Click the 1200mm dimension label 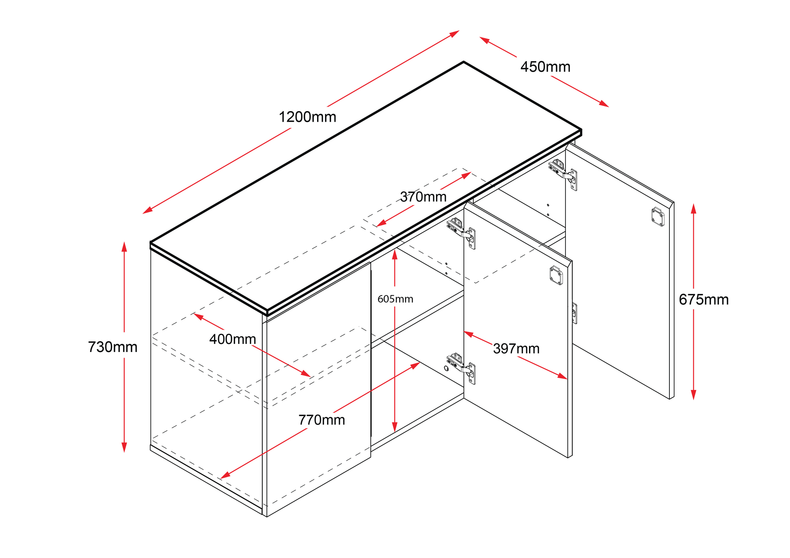coord(307,117)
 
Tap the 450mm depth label coord(545,67)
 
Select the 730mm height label coord(112,347)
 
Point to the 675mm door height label coord(704,300)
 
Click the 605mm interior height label coord(395,299)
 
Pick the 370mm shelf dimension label coord(423,197)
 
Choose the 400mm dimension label coord(233,339)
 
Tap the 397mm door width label coord(516,349)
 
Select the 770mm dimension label coord(322,420)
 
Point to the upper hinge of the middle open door coord(462,232)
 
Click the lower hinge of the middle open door coord(462,367)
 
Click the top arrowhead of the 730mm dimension coord(124,246)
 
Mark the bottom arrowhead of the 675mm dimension coord(693,395)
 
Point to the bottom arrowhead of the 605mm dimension coord(395,428)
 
